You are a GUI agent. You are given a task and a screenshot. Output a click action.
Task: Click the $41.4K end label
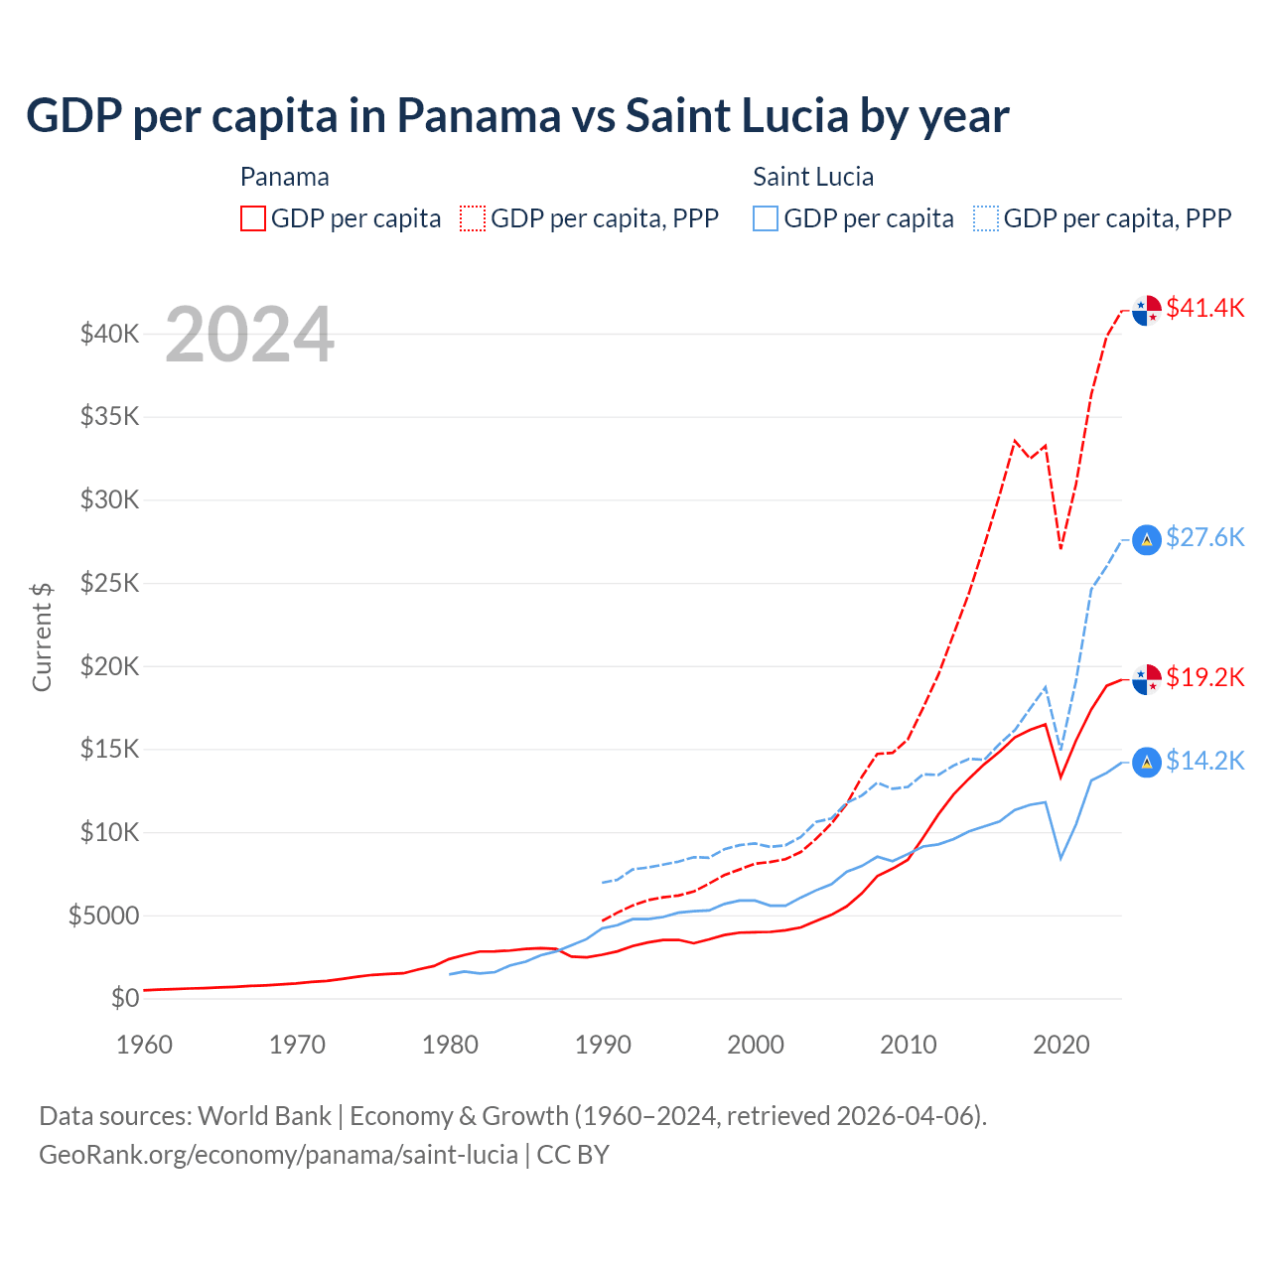click(x=1204, y=308)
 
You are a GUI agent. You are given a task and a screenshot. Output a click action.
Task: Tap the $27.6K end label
click(x=1204, y=537)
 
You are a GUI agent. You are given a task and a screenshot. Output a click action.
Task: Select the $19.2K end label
click(x=1204, y=677)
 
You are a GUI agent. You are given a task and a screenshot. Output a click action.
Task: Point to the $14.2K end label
click(x=1204, y=761)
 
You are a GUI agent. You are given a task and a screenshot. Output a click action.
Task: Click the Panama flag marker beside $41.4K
click(x=1147, y=310)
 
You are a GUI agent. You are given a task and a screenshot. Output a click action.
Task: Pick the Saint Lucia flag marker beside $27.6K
click(x=1147, y=540)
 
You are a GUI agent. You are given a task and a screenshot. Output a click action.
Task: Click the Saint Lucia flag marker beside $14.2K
click(x=1147, y=763)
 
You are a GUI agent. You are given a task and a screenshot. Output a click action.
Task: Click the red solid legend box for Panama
click(x=253, y=218)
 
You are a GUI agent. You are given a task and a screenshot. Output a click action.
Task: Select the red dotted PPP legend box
click(x=473, y=218)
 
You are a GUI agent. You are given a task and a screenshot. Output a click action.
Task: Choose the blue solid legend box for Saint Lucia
click(x=766, y=218)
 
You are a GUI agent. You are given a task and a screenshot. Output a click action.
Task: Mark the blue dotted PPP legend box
click(x=986, y=218)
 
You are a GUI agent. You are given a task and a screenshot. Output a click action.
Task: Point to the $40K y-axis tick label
click(x=110, y=334)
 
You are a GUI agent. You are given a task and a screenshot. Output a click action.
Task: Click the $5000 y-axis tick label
click(x=104, y=916)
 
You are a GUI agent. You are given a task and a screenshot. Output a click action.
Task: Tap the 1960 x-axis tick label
click(x=145, y=1045)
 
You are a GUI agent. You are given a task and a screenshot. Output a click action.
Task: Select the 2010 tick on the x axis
click(x=909, y=1045)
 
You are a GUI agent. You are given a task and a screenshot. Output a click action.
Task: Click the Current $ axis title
click(x=42, y=636)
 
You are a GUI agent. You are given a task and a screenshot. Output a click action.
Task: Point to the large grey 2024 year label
click(x=249, y=336)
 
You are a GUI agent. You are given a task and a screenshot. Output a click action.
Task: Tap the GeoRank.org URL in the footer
click(x=278, y=1155)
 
